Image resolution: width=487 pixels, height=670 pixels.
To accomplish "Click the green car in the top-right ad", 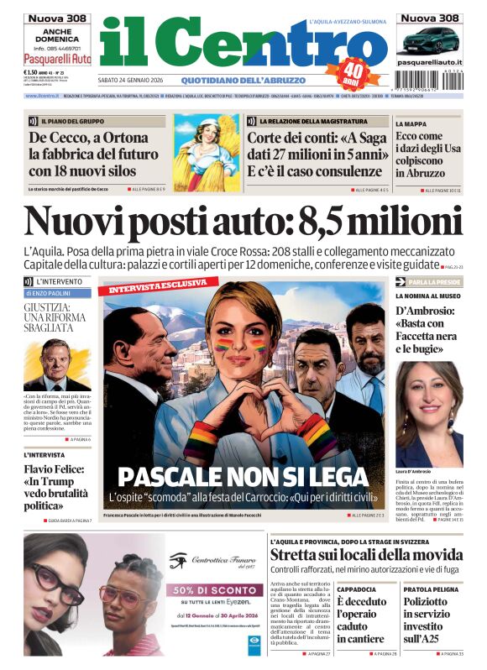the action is point(427,40).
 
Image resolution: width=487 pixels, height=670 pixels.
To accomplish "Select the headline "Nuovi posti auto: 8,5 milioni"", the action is point(243,222).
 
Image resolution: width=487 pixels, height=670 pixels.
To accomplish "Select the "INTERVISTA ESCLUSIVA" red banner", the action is point(154,287).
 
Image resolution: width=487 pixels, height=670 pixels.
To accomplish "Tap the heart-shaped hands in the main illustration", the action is point(243,401).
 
